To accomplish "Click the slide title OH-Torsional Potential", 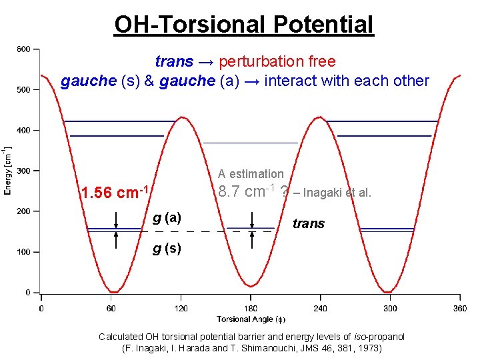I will pos(244,25).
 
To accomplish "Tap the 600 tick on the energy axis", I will pos(23,49).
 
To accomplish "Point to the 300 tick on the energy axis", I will pos(23,171).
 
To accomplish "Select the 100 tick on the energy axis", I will pos(23,253).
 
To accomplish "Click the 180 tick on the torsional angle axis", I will pos(250,308).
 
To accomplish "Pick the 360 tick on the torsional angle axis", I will pos(459,308).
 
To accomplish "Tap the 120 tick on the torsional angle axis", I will pos(181,308).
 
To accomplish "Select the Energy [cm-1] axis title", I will pos(7,170).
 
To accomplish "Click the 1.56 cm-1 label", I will pos(113,193).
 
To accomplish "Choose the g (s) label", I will pos(167,249).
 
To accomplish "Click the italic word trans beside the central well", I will pos(309,223).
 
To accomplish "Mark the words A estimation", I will pos(251,174).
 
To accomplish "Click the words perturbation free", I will pos(277,62).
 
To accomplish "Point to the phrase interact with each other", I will pos(346,81).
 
